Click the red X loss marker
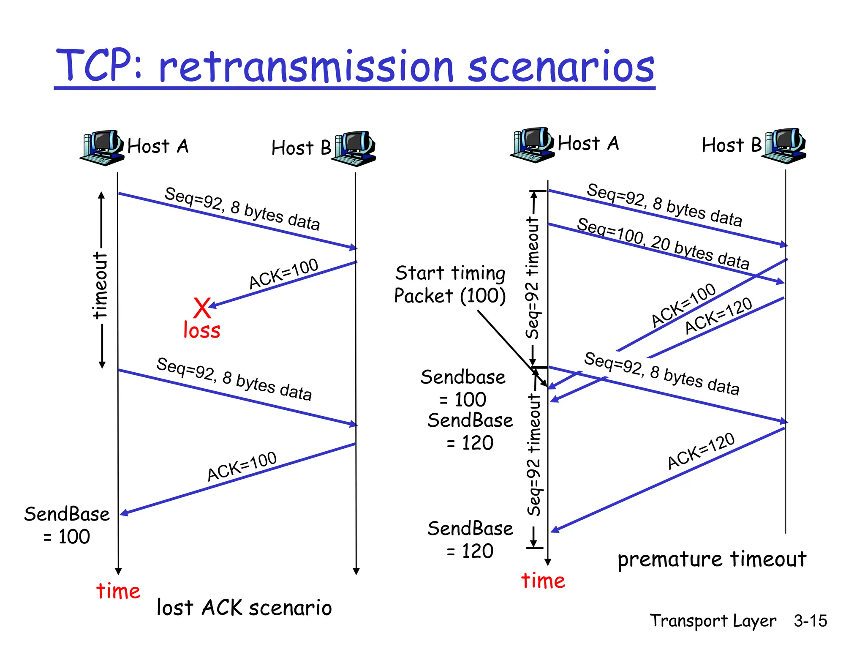[x=202, y=308]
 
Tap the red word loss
[x=201, y=330]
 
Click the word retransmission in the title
[x=306, y=67]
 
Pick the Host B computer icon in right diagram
[x=785, y=145]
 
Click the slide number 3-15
[x=810, y=621]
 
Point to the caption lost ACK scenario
[x=244, y=608]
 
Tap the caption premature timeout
[x=712, y=559]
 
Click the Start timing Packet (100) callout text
[x=450, y=284]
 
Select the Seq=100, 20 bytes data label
[x=663, y=243]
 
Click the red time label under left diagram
[x=118, y=591]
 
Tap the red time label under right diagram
[x=543, y=581]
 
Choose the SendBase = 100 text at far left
[x=67, y=525]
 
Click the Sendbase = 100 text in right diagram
[x=463, y=388]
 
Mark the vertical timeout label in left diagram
[x=101, y=285]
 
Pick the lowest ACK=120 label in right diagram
[x=701, y=451]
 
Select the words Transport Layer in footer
[x=713, y=621]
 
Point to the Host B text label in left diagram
[x=301, y=148]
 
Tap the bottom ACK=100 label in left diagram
[x=242, y=466]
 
